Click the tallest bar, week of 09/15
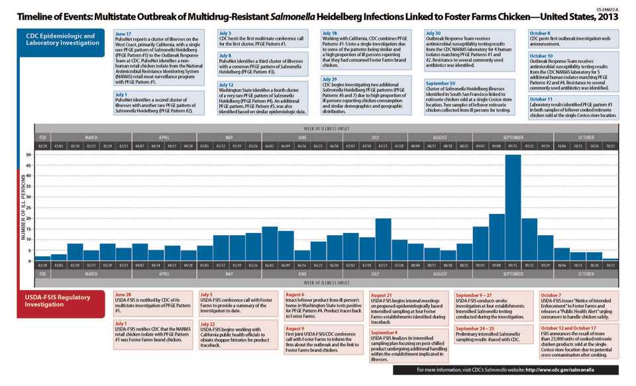click(x=513, y=207)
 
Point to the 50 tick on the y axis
click(x=28, y=155)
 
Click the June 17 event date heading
click(x=123, y=33)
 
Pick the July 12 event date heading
click(x=227, y=85)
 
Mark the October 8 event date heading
click(x=541, y=33)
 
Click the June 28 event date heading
click(x=123, y=294)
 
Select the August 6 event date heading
click(x=295, y=294)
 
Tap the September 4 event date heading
click(x=384, y=332)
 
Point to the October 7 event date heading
click(x=551, y=295)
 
